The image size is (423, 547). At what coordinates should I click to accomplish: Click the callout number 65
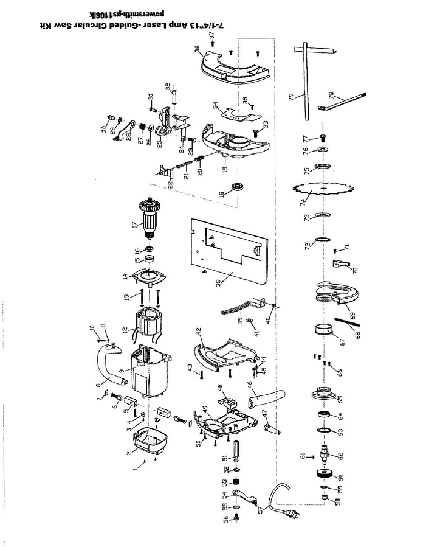pyautogui.click(x=339, y=399)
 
